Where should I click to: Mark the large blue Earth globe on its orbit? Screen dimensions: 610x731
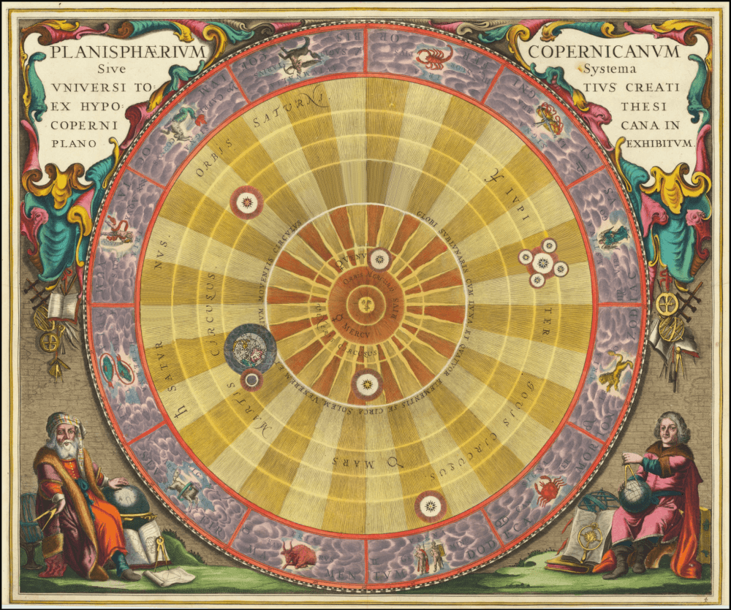click(x=250, y=348)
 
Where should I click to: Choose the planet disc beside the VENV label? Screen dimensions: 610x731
click(x=379, y=258)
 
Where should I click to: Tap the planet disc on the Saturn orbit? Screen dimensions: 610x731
click(x=246, y=202)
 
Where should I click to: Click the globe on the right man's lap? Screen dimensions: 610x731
click(x=635, y=496)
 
